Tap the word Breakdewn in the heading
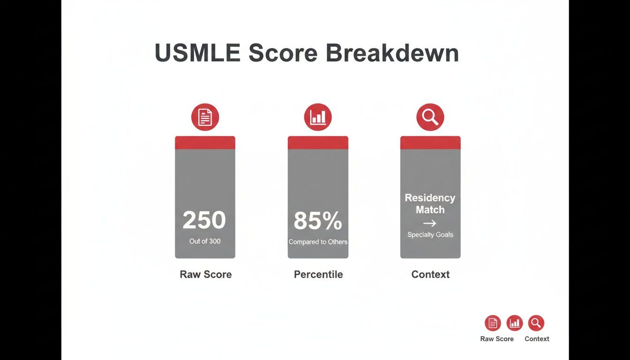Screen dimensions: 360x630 click(392, 53)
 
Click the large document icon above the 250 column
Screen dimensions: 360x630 click(205, 117)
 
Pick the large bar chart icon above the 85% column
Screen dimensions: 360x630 click(318, 117)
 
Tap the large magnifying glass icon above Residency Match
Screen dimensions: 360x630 click(430, 117)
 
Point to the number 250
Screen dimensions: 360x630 click(204, 220)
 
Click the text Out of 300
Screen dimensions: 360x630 click(205, 241)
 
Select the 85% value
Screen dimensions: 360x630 click(318, 221)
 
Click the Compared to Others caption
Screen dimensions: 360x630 click(318, 242)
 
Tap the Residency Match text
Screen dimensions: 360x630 click(430, 204)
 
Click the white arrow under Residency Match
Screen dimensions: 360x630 click(429, 223)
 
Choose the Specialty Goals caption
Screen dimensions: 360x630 click(430, 234)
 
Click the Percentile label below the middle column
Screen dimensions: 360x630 click(318, 275)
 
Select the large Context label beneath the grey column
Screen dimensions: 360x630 click(430, 275)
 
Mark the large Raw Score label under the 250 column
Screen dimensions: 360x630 click(206, 275)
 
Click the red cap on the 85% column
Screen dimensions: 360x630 click(318, 142)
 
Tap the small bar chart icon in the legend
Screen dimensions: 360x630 click(515, 323)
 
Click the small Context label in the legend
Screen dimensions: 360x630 click(537, 339)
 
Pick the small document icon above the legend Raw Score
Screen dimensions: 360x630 click(493, 323)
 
